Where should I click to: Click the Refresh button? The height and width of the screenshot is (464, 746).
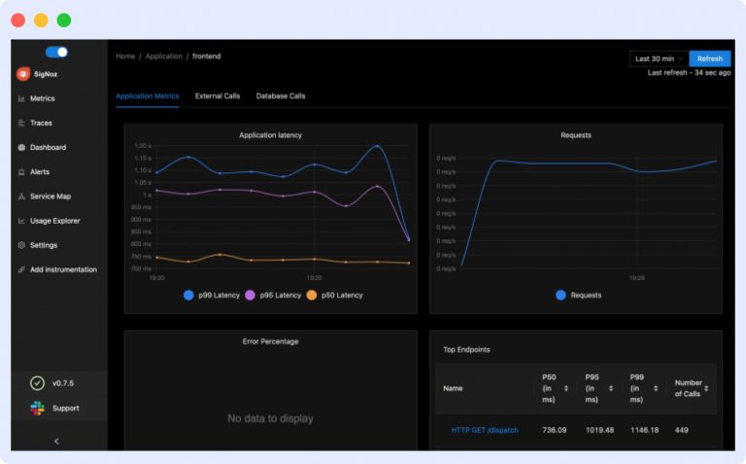[x=710, y=58]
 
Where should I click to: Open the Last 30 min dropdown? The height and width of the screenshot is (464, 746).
[x=659, y=58]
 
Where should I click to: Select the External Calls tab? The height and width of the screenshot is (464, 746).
[x=218, y=96]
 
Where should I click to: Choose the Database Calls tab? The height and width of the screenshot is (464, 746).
[x=281, y=96]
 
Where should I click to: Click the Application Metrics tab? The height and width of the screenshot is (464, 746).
[x=147, y=96]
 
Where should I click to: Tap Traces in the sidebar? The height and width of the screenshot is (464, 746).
[x=41, y=124]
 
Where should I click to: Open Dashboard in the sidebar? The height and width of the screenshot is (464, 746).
[x=48, y=148]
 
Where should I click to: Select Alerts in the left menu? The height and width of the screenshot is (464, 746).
[x=40, y=172]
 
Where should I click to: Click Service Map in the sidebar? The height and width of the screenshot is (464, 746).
[x=50, y=196]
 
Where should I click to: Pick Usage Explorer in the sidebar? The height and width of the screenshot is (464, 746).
[x=54, y=221]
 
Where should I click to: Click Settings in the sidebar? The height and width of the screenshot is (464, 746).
[x=44, y=245]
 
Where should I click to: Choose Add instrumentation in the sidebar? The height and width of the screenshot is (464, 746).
[x=63, y=269]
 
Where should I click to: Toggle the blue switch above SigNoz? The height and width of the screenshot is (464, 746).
[x=56, y=53]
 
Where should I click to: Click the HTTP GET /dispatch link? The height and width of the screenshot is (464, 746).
[x=484, y=430]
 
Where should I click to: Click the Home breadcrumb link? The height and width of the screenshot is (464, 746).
[x=125, y=56]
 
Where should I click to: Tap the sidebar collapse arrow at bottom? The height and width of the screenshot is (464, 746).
[x=56, y=441]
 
